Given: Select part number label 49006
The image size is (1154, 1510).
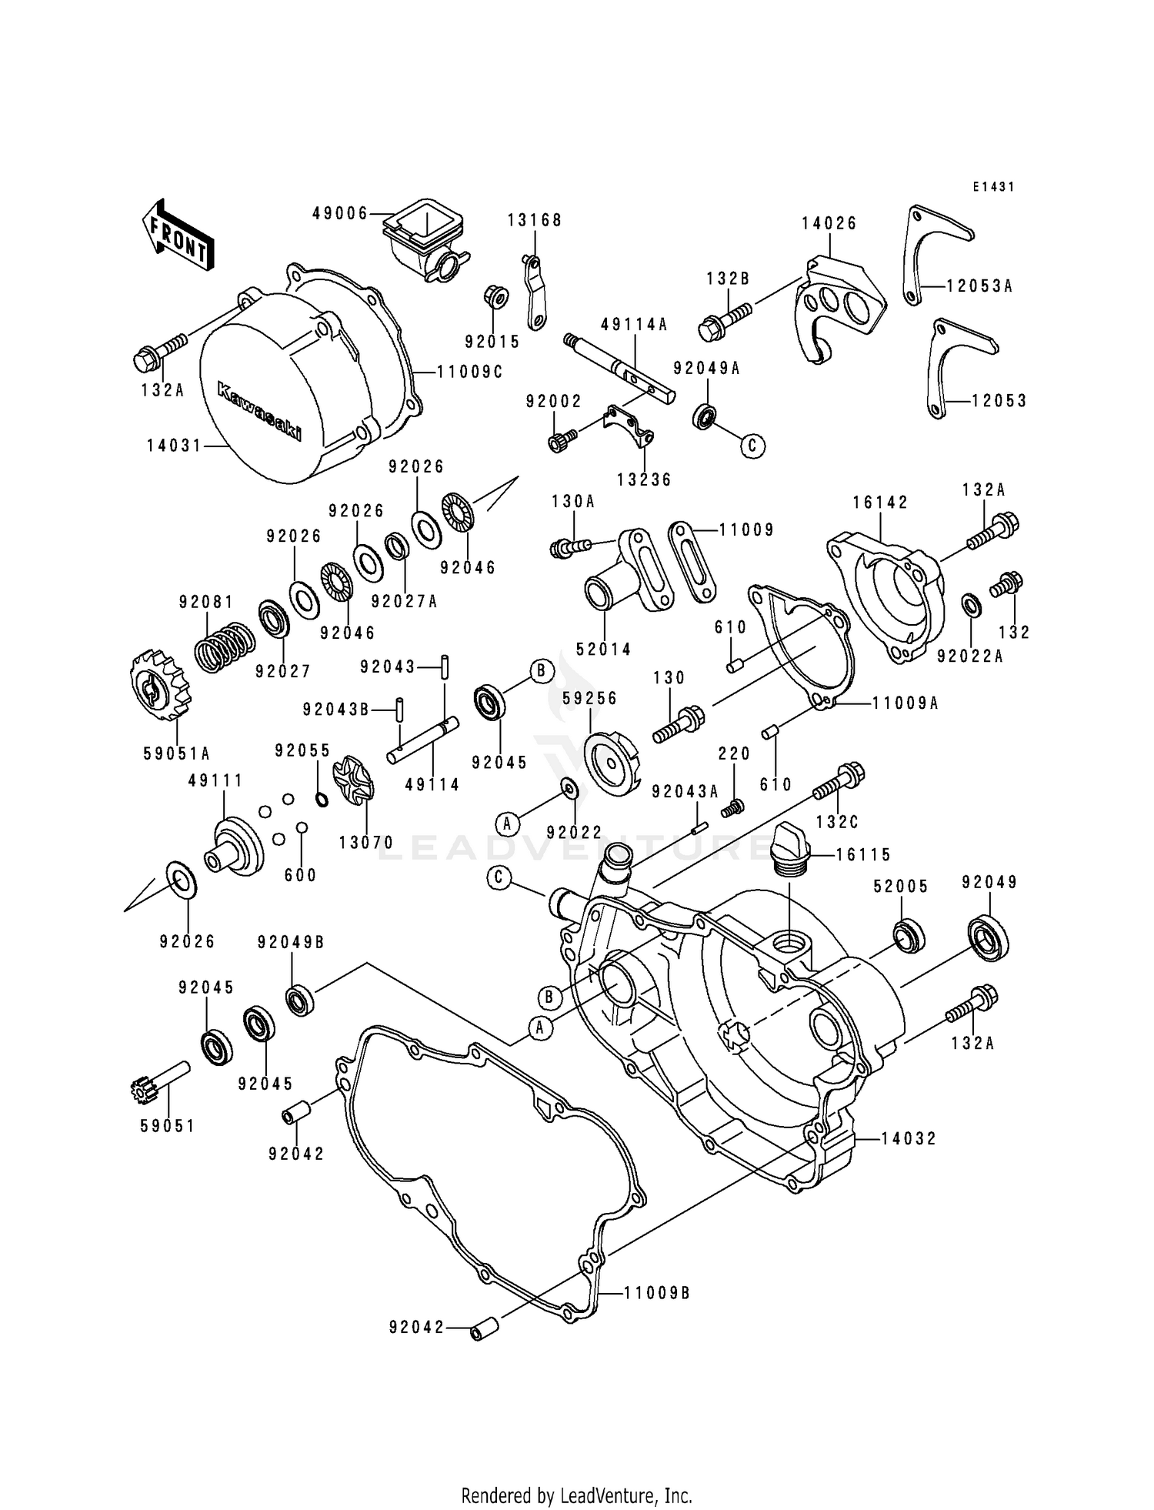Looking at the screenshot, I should (339, 213).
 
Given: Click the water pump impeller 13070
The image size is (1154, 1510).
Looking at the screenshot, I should (353, 784).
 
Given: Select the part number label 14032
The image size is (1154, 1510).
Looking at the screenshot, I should (909, 1138).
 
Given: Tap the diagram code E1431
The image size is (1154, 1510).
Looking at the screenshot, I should (993, 187).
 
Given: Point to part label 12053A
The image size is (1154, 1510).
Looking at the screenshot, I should (979, 286).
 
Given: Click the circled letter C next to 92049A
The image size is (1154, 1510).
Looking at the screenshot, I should (753, 445).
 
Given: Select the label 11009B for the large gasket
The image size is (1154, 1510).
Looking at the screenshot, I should (656, 1292).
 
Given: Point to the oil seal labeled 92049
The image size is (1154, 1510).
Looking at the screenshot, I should (988, 936).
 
